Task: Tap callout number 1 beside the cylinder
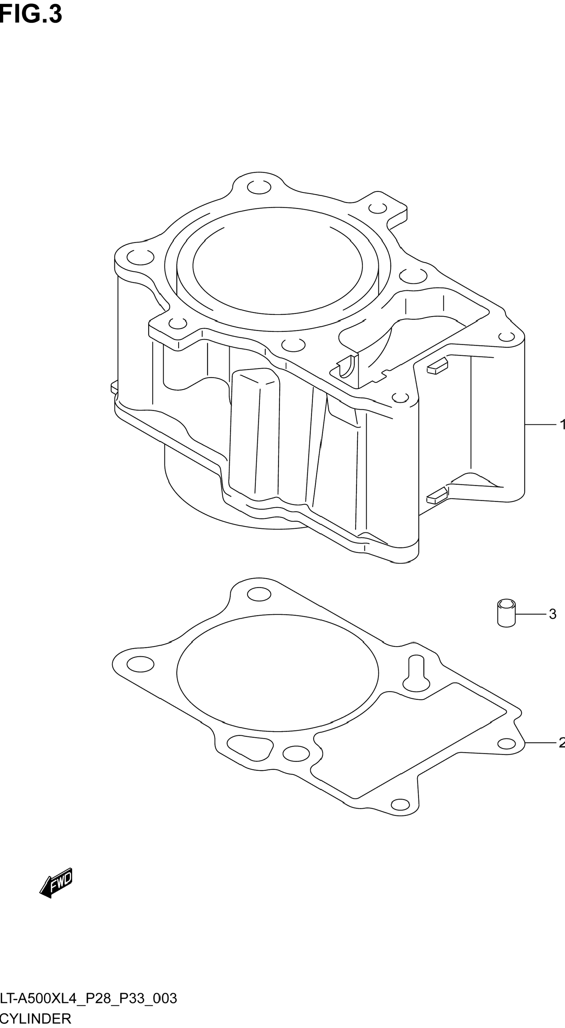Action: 562,425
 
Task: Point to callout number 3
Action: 552,614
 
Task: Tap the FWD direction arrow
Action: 56,883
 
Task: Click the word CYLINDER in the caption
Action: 35,1018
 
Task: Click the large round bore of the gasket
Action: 277,673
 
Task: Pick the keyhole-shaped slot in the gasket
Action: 417,673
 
